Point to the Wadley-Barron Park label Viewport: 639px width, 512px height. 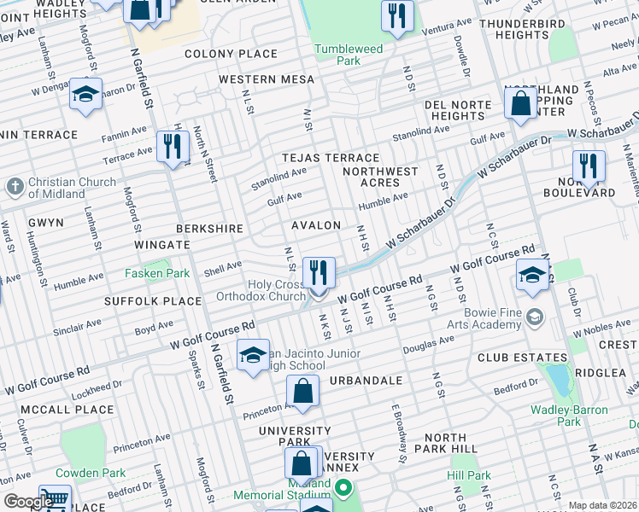[x=569, y=416]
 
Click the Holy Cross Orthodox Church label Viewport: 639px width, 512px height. [x=276, y=290]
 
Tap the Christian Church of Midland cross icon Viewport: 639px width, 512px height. [x=15, y=186]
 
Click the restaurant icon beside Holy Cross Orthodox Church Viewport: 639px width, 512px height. [x=319, y=273]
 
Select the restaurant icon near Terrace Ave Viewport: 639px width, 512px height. [x=173, y=147]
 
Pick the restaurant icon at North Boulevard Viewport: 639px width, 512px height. [x=588, y=166]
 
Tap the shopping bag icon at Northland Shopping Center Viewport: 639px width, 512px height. [x=520, y=105]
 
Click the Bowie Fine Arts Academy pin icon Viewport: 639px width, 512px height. [x=535, y=317]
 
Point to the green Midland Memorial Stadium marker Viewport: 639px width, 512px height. [x=343, y=489]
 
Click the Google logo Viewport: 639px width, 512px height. [x=27, y=502]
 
